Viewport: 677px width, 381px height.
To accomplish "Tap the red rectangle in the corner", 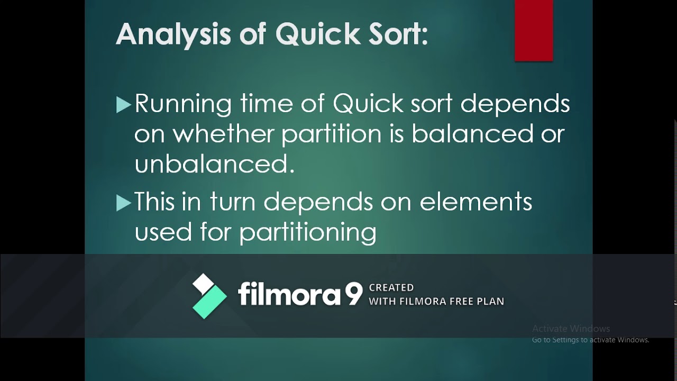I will pos(534,30).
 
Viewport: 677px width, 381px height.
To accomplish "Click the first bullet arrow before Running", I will pos(123,105).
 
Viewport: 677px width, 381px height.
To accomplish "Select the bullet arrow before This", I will pos(123,203).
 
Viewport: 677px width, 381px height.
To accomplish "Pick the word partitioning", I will pos(307,232).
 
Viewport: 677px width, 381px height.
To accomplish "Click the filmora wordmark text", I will pos(289,294).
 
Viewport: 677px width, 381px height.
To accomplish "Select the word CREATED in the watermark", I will pos(391,288).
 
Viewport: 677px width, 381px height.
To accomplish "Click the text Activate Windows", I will pos(571,329).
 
